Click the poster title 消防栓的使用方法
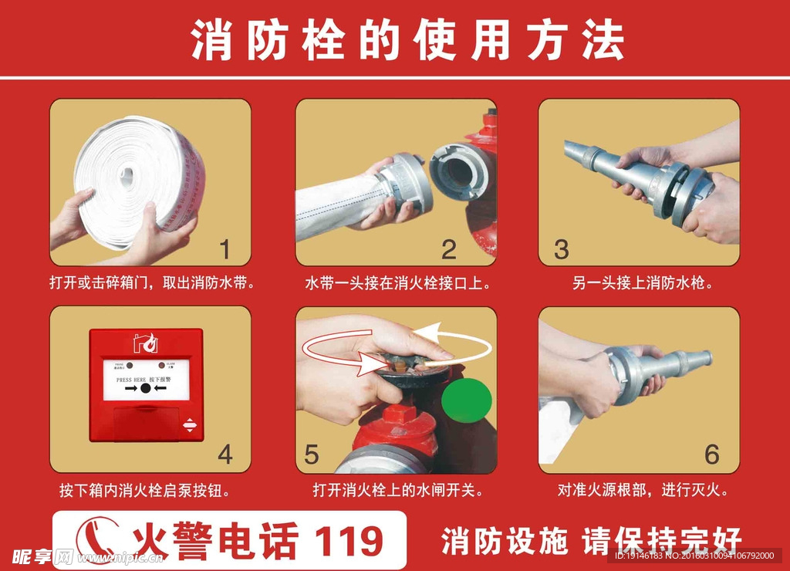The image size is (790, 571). pyautogui.click(x=407, y=40)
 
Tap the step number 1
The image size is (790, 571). pyautogui.click(x=225, y=248)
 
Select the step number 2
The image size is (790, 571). pyautogui.click(x=449, y=248)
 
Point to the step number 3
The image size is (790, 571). pyautogui.click(x=561, y=248)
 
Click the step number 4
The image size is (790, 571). pyautogui.click(x=225, y=454)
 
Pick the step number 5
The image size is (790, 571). pyautogui.click(x=311, y=454)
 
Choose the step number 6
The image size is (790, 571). pyautogui.click(x=711, y=454)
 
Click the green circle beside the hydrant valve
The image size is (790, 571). pyautogui.click(x=467, y=400)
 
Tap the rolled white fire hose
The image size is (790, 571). pyautogui.click(x=139, y=181)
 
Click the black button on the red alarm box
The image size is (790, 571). pyautogui.click(x=146, y=388)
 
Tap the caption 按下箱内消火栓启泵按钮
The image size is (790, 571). pyautogui.click(x=144, y=490)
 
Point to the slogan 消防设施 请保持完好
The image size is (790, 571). pyautogui.click(x=591, y=541)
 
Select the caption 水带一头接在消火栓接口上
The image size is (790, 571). pyautogui.click(x=397, y=283)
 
